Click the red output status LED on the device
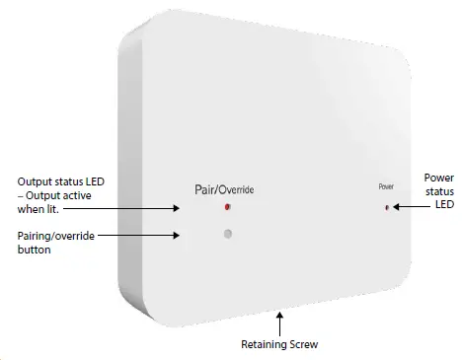227,207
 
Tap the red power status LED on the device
386,207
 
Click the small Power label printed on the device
385,186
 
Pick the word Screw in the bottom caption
304,345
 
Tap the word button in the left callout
35,250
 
